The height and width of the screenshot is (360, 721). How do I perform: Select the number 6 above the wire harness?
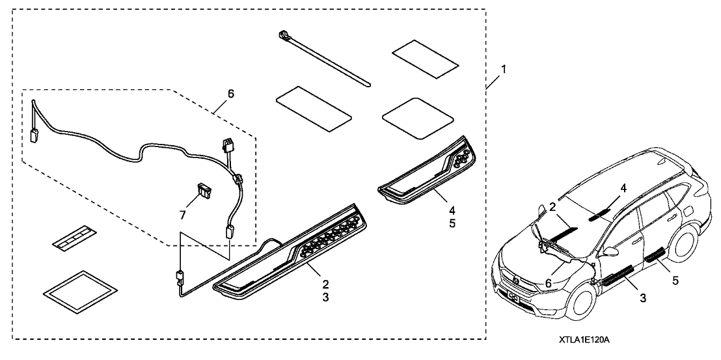(231, 94)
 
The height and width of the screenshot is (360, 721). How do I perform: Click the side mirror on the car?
(611, 251)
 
